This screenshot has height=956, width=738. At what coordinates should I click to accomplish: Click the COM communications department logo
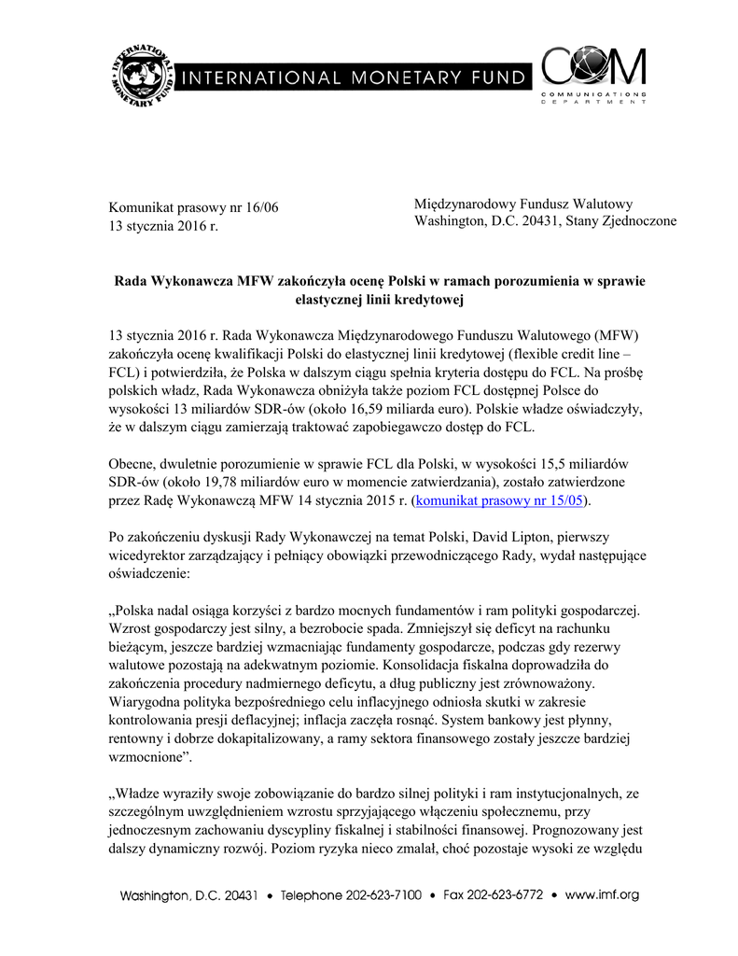coord(594,75)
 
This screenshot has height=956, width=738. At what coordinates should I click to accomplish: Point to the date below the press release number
coord(163,226)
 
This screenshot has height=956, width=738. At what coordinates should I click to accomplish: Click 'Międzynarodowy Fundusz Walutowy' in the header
coord(523,204)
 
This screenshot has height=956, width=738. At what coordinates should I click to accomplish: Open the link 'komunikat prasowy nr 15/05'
coord(498,500)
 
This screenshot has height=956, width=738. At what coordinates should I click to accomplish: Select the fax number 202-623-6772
coord(505,895)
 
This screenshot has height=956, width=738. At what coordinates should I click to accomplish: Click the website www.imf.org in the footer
coord(602,895)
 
